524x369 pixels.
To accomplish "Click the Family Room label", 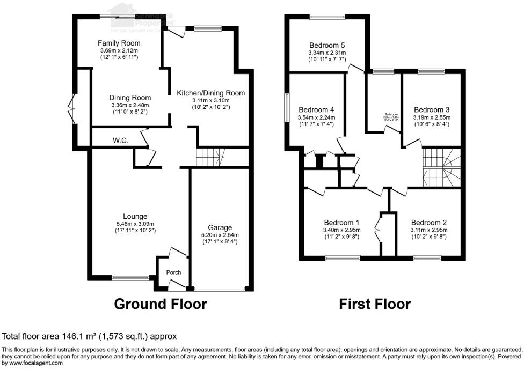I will pos(119,43).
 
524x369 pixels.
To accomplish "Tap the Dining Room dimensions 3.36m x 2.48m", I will pos(130,105).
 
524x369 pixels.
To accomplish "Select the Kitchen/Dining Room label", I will pos(210,93).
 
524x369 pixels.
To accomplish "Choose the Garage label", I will pos(220,228).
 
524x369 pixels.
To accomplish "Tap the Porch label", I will pos(173,272).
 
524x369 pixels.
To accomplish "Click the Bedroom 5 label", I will pos(326,45).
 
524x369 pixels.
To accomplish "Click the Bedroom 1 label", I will pos(341,223).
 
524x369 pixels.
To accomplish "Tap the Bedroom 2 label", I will pos(429,223).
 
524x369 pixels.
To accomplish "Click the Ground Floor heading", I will pos(161,304).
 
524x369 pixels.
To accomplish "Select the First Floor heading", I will pos(375,304).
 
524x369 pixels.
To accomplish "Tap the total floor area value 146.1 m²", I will pos(96,337).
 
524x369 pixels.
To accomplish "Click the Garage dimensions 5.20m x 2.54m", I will pos(220,235).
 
